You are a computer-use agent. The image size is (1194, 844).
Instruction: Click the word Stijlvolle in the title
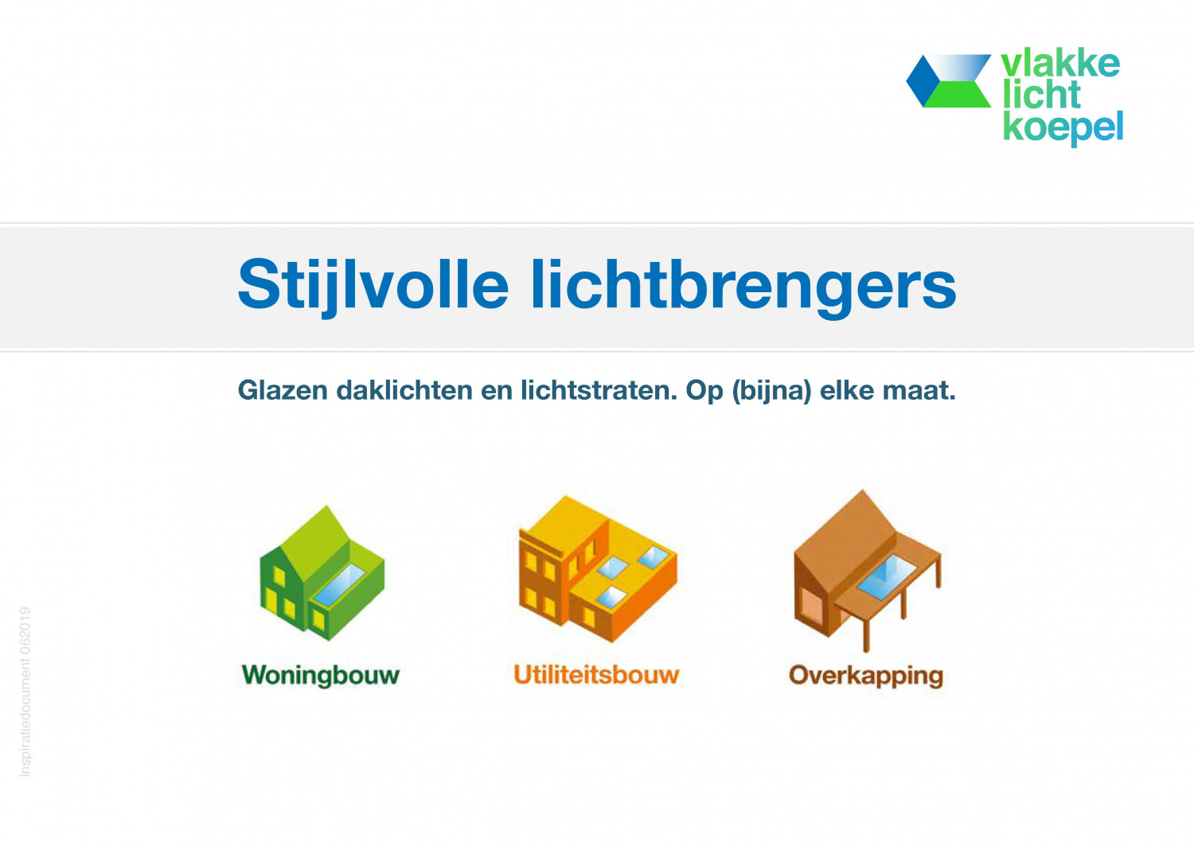click(373, 285)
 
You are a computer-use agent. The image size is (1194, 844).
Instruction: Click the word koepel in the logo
click(1063, 128)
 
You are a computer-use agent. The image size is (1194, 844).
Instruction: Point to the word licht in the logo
click(1041, 95)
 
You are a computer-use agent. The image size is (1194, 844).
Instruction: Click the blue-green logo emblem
click(949, 81)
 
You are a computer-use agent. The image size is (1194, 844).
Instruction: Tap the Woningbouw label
click(321, 675)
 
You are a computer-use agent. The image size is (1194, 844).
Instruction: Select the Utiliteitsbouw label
click(596, 674)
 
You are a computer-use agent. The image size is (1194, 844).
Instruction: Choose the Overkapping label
click(866, 676)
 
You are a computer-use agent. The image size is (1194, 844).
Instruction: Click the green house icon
click(322, 573)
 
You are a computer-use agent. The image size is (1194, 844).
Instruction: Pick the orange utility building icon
click(598, 569)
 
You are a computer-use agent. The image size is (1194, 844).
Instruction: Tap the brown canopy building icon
click(868, 570)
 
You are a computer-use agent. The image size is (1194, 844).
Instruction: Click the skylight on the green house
click(340, 584)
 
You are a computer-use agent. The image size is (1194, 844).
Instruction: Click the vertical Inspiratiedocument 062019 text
click(25, 691)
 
